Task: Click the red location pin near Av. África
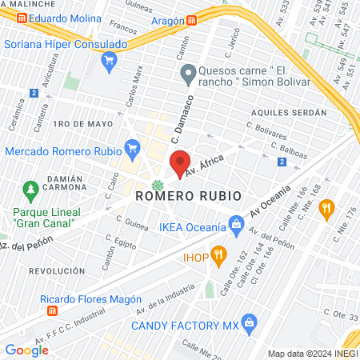point(180,162)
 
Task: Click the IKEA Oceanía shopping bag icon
point(236,227)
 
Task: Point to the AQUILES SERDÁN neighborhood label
point(289,113)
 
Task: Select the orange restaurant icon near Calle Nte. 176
point(326,209)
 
